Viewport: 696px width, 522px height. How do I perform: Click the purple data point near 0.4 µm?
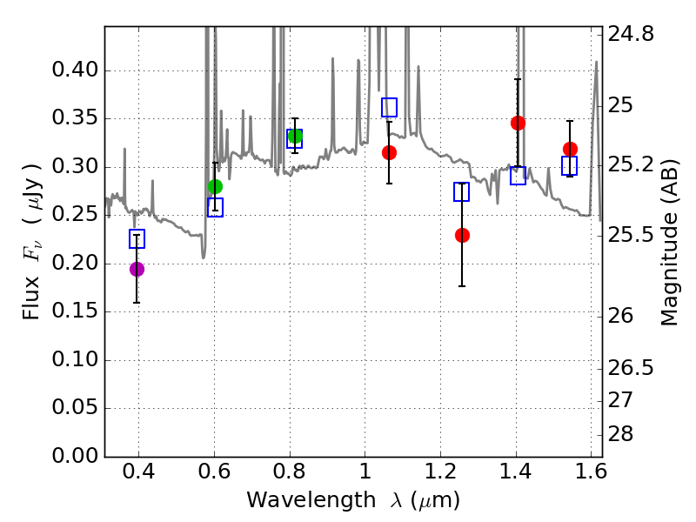pyautogui.click(x=137, y=269)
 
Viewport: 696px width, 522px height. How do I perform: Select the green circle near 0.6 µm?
pyautogui.click(x=215, y=186)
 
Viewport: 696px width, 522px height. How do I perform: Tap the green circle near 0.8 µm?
pyautogui.click(x=295, y=136)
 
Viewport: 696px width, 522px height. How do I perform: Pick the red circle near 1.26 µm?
pyautogui.click(x=462, y=235)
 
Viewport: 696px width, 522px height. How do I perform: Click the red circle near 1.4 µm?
pyautogui.click(x=518, y=123)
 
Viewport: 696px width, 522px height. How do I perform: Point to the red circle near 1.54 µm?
pyautogui.click(x=570, y=149)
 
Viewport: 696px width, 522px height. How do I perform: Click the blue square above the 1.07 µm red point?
pyautogui.click(x=389, y=107)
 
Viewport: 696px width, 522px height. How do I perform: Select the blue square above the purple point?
pyautogui.click(x=137, y=238)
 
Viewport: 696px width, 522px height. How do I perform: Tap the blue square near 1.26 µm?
pyautogui.click(x=462, y=191)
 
